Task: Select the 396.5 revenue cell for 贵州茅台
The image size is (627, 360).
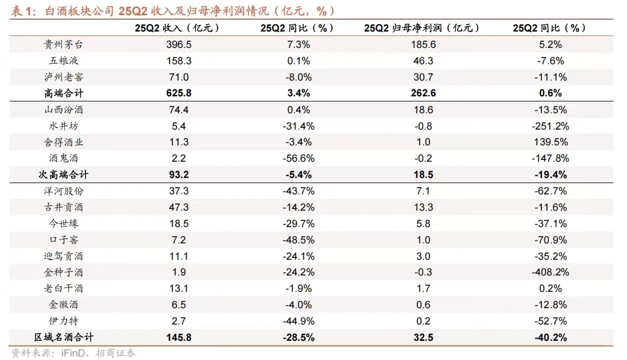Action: tap(179, 44)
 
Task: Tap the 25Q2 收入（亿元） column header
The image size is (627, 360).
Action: tap(179, 28)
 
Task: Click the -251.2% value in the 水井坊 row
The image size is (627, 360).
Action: tap(549, 126)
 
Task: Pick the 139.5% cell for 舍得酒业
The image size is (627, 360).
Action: tap(549, 142)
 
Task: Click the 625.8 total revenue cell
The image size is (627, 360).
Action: tap(179, 93)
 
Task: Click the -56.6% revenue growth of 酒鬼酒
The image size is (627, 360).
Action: tap(298, 158)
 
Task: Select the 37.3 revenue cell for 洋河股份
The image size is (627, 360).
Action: tap(179, 191)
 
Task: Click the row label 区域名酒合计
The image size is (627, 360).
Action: tap(63, 337)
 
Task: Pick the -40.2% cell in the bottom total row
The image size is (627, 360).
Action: tap(549, 337)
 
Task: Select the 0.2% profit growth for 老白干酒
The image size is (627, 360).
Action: tap(549, 288)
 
